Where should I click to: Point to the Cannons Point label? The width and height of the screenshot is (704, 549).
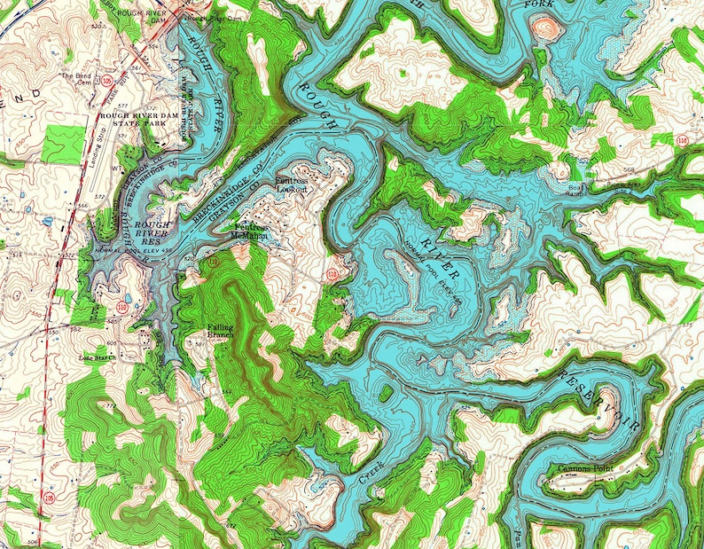[585, 469]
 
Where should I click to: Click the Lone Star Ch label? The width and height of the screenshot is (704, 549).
[98, 358]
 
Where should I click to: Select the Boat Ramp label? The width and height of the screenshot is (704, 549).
[577, 190]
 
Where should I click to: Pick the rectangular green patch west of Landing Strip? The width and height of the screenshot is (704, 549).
[62, 141]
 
